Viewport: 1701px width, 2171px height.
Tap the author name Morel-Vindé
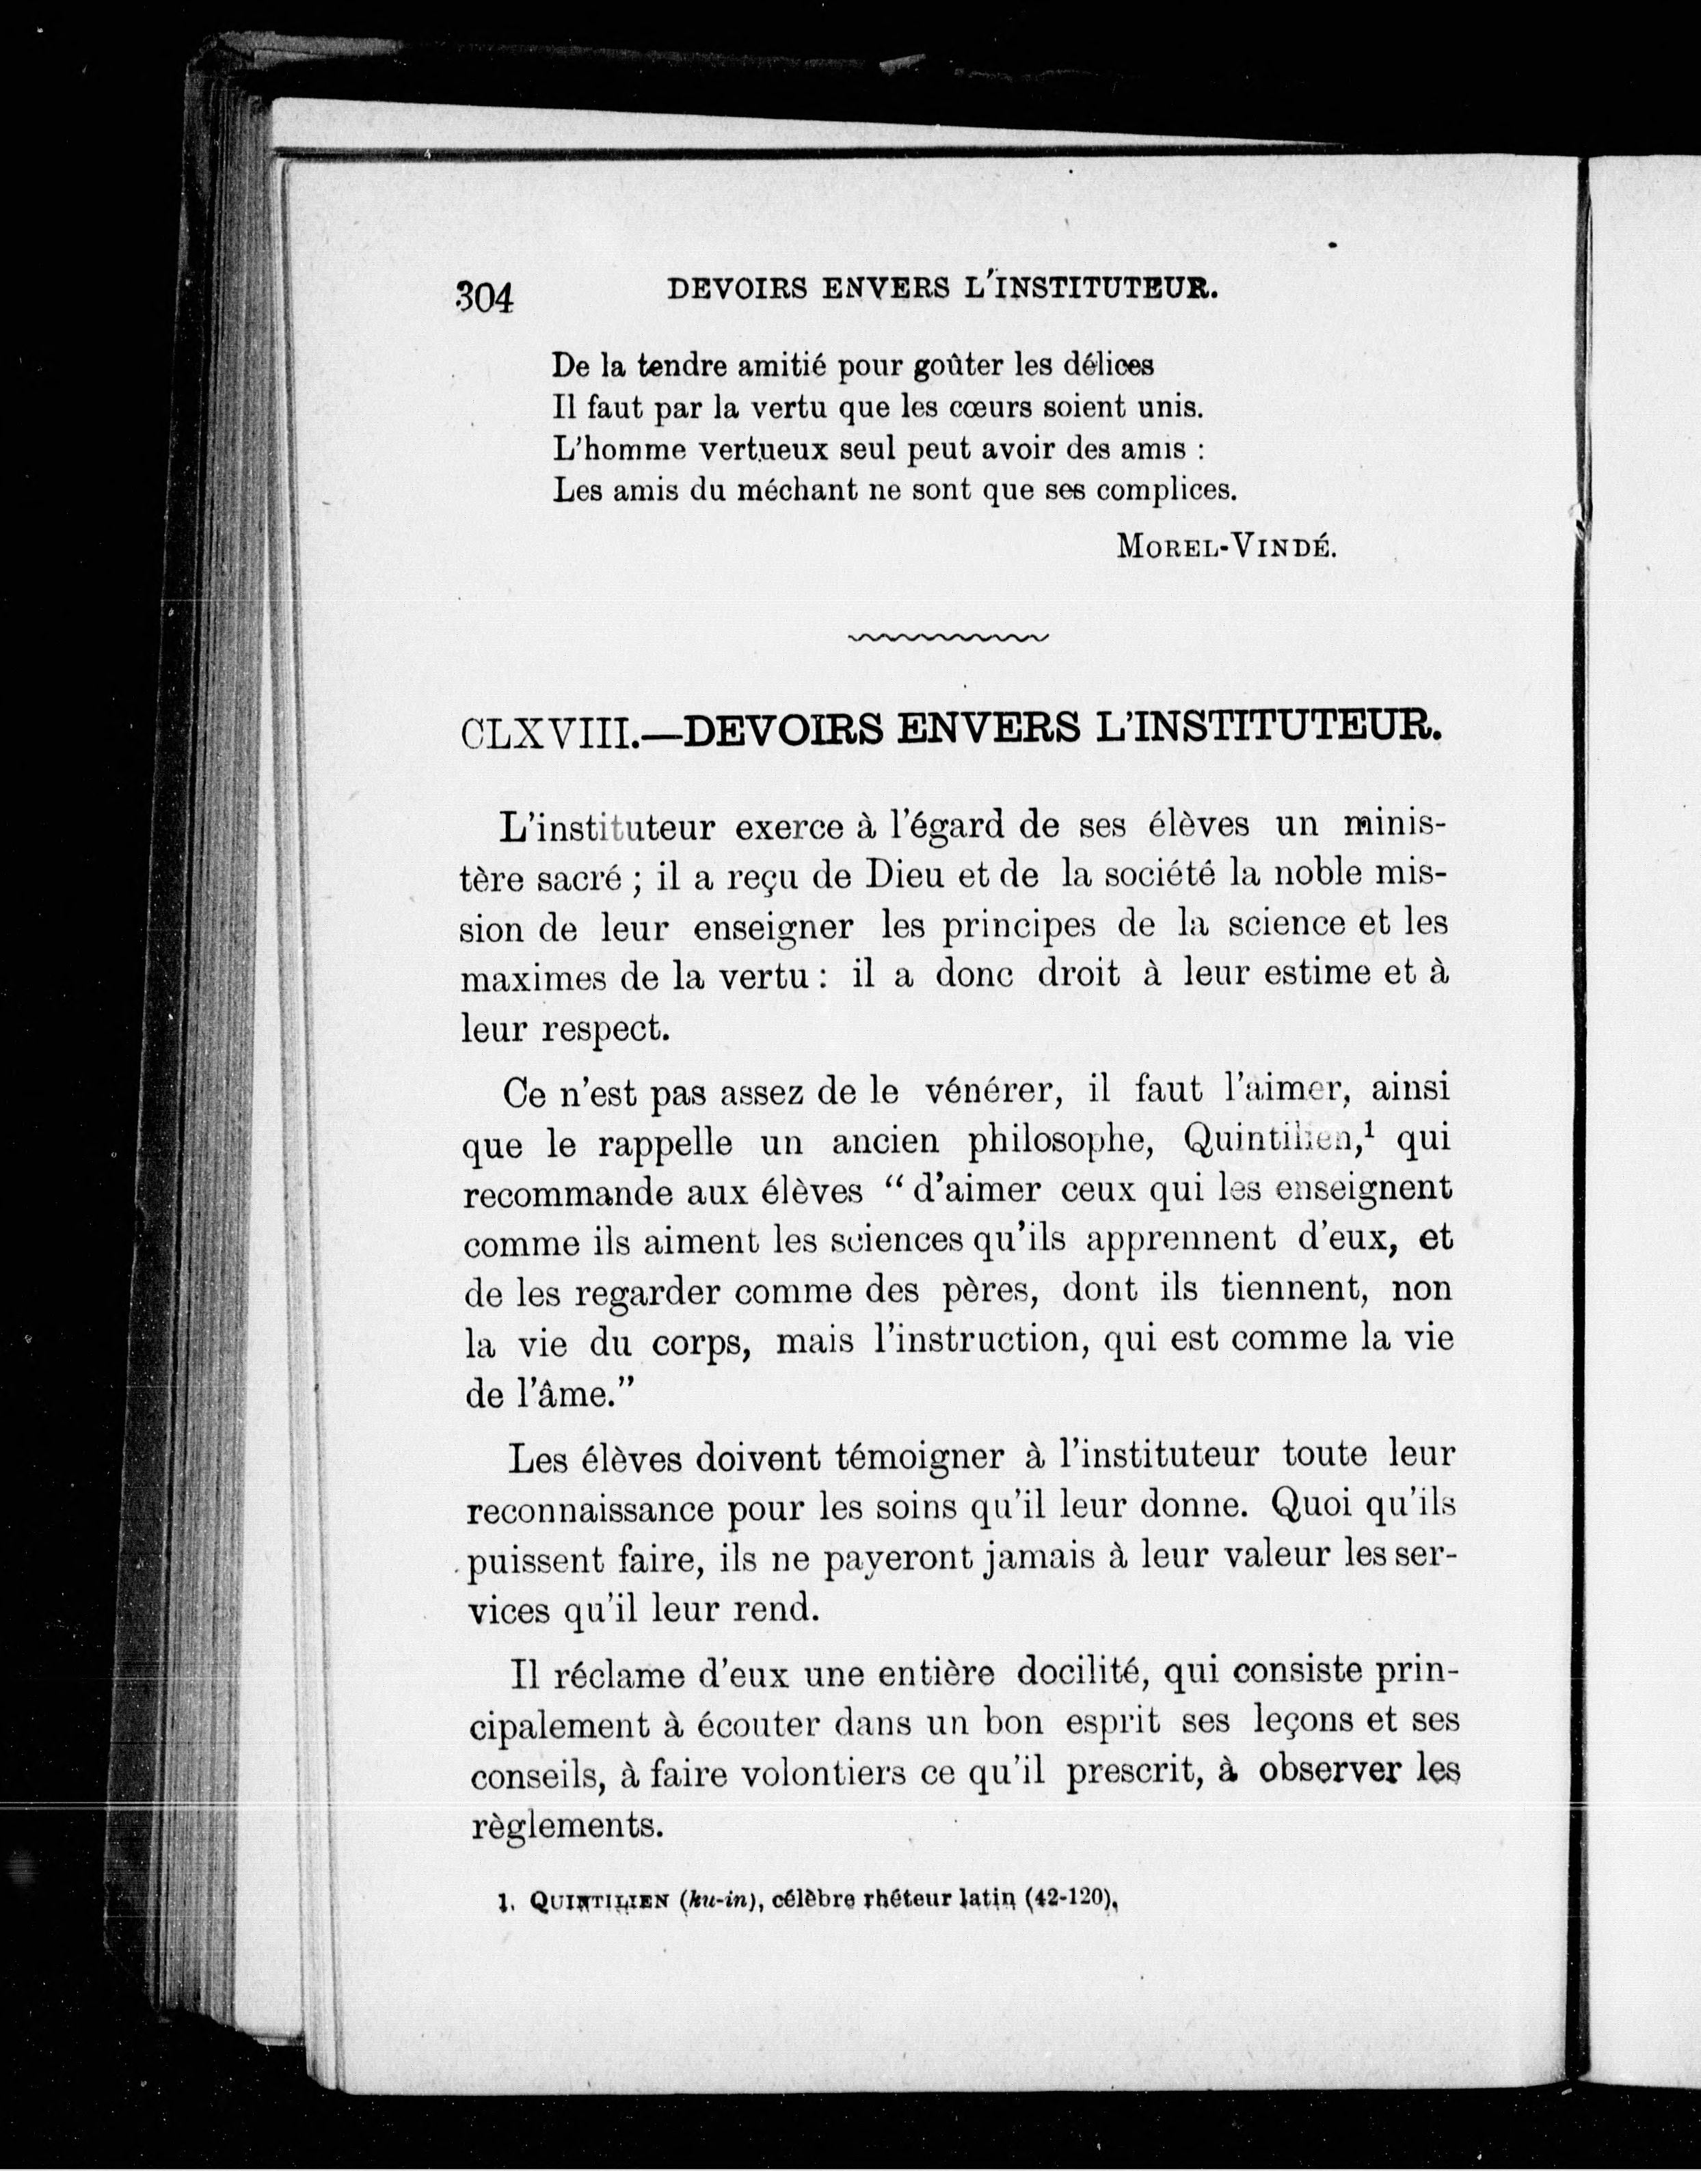[x=1225, y=545]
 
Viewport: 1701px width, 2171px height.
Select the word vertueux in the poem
[x=764, y=449]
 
